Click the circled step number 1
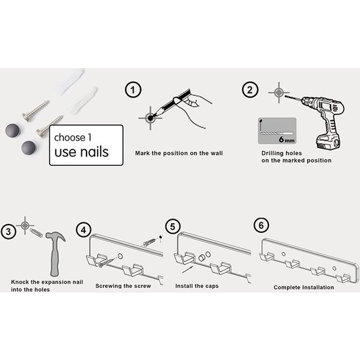[133, 90]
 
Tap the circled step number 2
[250, 90]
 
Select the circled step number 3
[9, 231]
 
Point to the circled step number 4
[84, 230]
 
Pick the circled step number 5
[173, 226]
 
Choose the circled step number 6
[261, 225]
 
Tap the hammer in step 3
[55, 253]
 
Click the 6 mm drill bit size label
[287, 139]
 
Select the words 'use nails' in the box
[82, 152]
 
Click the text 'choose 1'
[73, 137]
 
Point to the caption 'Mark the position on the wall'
[179, 153]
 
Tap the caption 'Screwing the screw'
[123, 286]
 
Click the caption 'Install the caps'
[197, 286]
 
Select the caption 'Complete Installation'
[304, 287]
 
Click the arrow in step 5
[188, 269]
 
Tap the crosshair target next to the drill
[279, 92]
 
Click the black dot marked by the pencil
[151, 118]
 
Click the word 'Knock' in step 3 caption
[20, 282]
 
